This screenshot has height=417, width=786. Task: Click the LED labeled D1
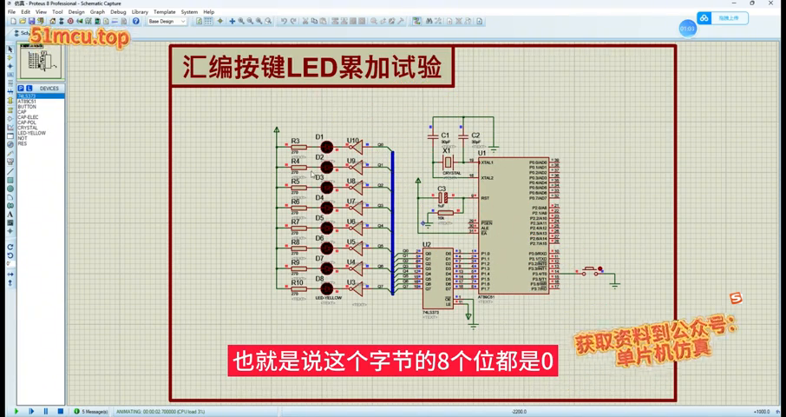326,148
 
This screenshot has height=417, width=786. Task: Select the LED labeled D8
326,289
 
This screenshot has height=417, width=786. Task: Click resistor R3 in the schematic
298,148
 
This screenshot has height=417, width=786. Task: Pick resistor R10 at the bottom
298,289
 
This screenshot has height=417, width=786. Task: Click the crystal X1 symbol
448,162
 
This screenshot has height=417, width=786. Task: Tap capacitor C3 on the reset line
442,198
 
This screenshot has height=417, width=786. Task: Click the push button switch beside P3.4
592,272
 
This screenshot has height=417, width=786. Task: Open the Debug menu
118,12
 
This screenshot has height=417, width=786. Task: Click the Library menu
140,12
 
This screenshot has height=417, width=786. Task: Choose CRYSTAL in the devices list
28,128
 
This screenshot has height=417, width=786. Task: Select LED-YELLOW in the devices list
32,133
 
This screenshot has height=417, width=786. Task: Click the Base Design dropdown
166,22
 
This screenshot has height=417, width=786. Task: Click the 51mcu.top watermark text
80,37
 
